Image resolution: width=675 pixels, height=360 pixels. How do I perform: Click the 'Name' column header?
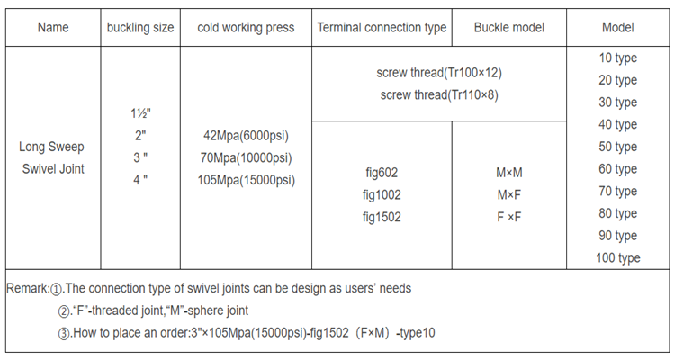pyautogui.click(x=53, y=28)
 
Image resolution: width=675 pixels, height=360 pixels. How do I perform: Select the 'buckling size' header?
pyautogui.click(x=140, y=28)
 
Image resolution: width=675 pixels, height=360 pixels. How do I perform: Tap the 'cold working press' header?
pyautogui.click(x=246, y=28)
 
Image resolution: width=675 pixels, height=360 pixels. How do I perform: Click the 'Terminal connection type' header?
pyautogui.click(x=382, y=28)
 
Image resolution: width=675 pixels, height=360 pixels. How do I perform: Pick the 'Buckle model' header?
pyautogui.click(x=508, y=28)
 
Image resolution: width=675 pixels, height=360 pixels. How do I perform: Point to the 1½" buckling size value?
pyautogui.click(x=140, y=113)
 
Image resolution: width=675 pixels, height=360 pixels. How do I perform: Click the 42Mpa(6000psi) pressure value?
pyautogui.click(x=246, y=136)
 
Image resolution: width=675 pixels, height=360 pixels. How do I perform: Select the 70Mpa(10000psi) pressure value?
pyautogui.click(x=246, y=158)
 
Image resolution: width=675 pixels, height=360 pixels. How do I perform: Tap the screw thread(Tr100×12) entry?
pyautogui.click(x=439, y=73)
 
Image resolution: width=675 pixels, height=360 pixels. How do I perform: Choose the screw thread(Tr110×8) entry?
pyautogui.click(x=439, y=94)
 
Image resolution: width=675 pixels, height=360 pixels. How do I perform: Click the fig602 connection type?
pyautogui.click(x=382, y=173)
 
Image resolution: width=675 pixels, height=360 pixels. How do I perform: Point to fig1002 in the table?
pyautogui.click(x=382, y=195)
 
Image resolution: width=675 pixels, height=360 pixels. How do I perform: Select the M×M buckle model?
pyautogui.click(x=508, y=173)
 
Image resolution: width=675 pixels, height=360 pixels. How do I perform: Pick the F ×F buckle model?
pyautogui.click(x=508, y=217)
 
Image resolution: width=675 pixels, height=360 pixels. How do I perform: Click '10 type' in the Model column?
pyautogui.click(x=617, y=58)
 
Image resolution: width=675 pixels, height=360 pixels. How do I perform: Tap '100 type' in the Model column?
pyautogui.click(x=617, y=258)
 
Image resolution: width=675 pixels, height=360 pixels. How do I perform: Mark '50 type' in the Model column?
pyautogui.click(x=617, y=147)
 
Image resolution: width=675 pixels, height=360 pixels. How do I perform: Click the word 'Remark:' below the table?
pyautogui.click(x=29, y=289)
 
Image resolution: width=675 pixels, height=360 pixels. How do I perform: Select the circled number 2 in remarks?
pyautogui.click(x=64, y=310)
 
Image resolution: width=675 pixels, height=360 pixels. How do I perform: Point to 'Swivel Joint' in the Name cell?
pyautogui.click(x=53, y=169)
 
